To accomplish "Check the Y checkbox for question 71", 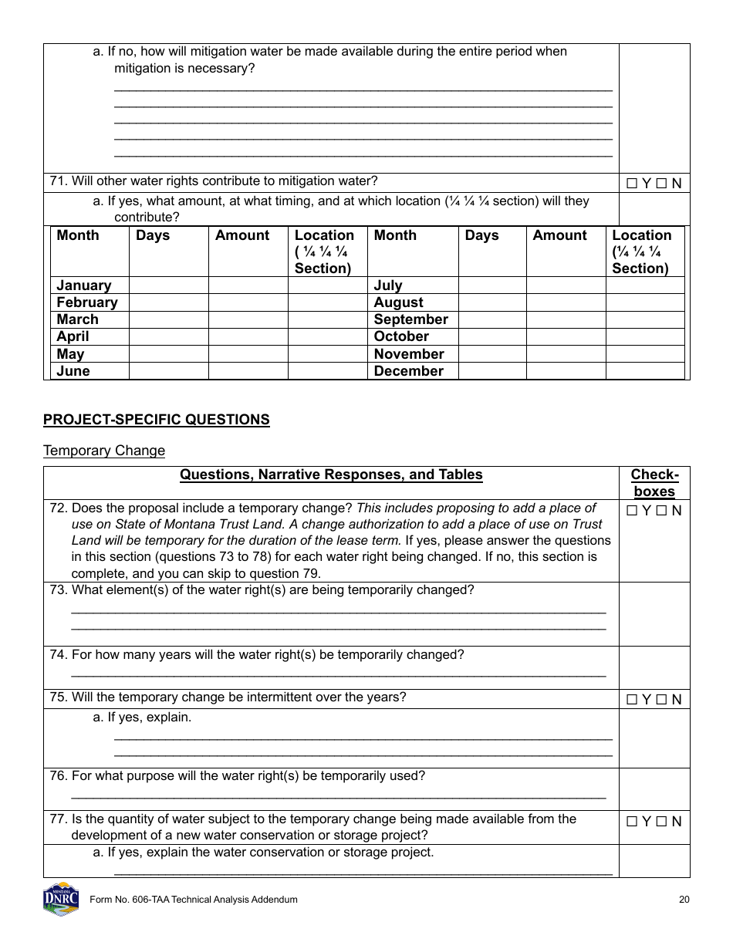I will click(x=632, y=184).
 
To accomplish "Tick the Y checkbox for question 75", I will click(x=632, y=700).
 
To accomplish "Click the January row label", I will click(x=83, y=285).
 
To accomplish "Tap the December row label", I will click(x=408, y=371).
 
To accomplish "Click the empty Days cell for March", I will click(x=168, y=319).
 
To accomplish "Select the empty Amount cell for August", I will click(x=565, y=302).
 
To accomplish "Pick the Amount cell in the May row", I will click(x=248, y=354).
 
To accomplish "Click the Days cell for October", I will click(x=491, y=336).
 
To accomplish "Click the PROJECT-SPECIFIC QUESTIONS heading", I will click(x=157, y=420).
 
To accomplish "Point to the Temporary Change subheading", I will click(x=104, y=451).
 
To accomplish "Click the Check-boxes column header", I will click(x=654, y=483).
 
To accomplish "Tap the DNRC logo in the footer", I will click(x=61, y=899).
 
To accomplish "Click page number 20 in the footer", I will click(x=684, y=900).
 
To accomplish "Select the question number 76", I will click(x=58, y=776).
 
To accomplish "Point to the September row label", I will click(x=410, y=319).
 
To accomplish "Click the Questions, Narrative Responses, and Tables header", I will click(x=331, y=475).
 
